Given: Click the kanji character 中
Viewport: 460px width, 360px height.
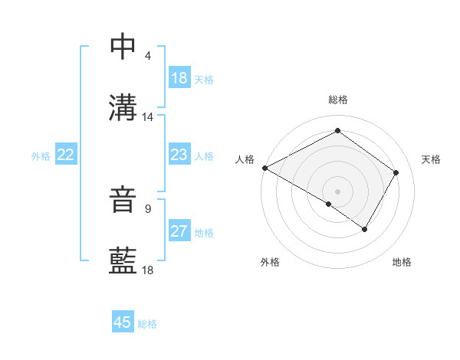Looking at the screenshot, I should [123, 47].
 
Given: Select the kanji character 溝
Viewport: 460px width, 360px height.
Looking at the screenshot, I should [123, 108].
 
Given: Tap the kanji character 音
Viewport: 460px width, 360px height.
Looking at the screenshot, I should [123, 199].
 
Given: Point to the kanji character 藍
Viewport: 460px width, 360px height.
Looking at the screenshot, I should [123, 261].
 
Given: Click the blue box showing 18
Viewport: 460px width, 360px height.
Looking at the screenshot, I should [179, 78].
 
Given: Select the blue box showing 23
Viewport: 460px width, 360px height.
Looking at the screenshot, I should [179, 155].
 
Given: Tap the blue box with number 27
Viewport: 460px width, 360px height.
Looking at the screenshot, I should [179, 231].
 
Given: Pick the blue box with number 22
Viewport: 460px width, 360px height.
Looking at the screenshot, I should [66, 155].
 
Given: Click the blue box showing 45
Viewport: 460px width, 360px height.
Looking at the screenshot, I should [123, 322].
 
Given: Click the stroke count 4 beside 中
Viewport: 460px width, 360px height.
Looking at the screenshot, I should [147, 56].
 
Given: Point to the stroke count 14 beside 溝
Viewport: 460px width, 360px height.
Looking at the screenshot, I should [147, 117].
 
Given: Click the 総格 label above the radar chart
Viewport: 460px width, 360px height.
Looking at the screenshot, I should [337, 100].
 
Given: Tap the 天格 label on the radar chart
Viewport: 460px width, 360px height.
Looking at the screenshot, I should [431, 159].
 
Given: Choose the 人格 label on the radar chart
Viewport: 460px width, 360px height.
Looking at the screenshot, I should [245, 159].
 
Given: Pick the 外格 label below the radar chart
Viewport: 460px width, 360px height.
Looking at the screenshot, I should [270, 263].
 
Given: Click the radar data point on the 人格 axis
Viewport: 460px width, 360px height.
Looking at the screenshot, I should [264, 168].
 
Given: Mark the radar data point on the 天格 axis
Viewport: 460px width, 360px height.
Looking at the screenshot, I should [396, 172].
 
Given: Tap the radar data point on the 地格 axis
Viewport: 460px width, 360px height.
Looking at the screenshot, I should [365, 228].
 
